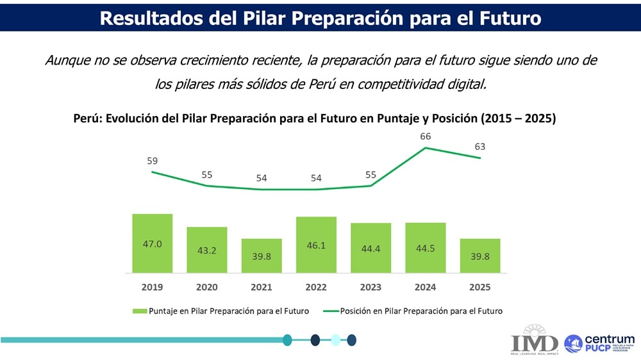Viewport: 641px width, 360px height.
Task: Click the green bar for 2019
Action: pos(152,243)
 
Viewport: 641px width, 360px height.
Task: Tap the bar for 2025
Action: pos(480,256)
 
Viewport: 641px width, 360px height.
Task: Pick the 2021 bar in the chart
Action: pos(262,256)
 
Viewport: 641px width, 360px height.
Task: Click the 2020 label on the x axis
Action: pos(206,286)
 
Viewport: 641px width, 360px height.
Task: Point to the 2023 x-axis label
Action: pos(370,286)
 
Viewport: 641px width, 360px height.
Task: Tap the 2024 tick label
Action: pos(426,286)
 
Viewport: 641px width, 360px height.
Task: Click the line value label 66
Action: pos(426,136)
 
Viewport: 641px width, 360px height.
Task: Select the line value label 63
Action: pos(480,147)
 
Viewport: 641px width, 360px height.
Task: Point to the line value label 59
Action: pos(152,160)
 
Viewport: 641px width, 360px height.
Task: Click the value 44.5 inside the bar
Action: pos(426,249)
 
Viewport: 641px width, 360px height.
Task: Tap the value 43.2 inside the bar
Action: pos(206,250)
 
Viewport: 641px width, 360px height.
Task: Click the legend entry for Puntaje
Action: pos(221,311)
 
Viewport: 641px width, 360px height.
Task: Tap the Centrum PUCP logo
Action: pos(599,343)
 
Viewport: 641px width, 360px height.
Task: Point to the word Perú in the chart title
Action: pos(87,119)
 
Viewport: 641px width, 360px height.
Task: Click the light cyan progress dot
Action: pos(335,340)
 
